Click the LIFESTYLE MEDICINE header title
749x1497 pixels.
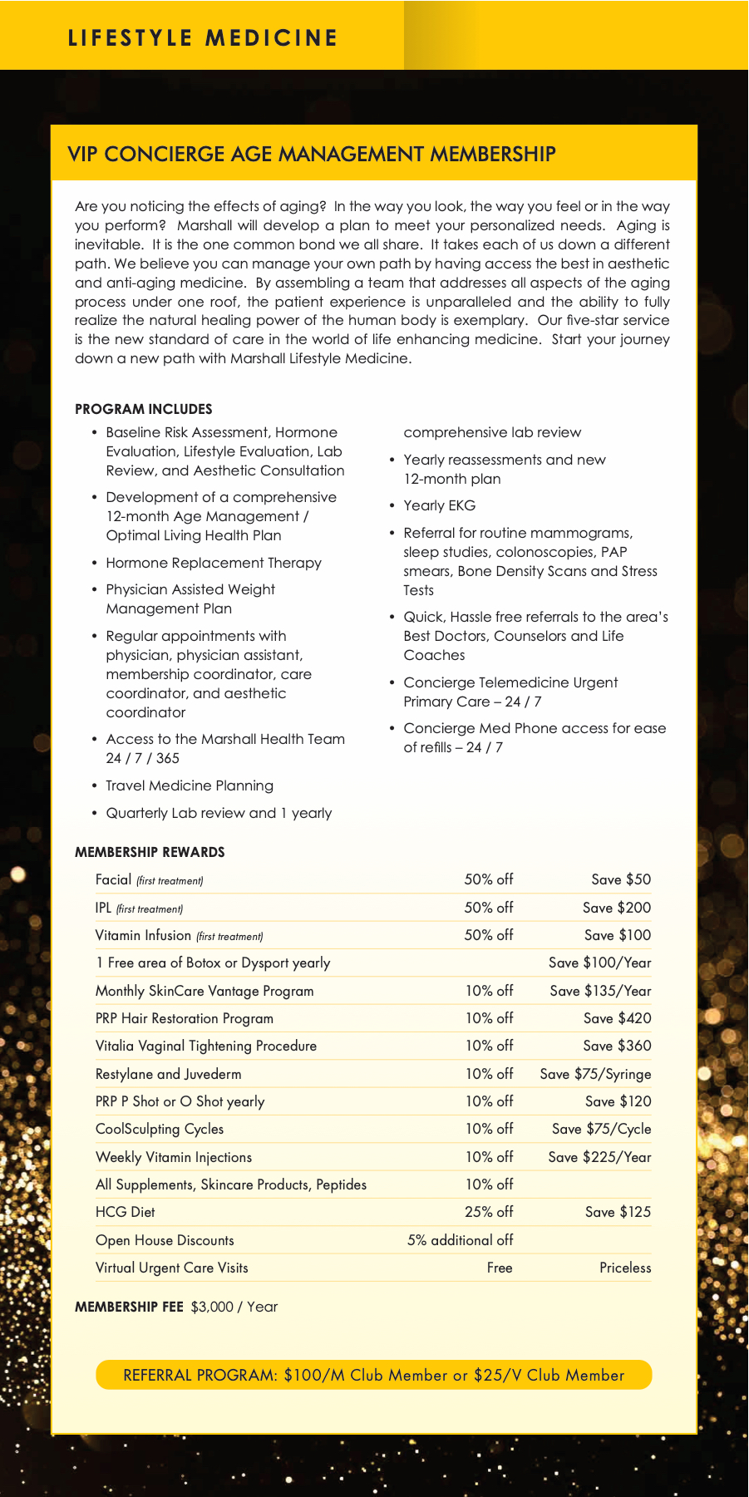[203, 38]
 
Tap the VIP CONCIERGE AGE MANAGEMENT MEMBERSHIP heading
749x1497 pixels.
[311, 154]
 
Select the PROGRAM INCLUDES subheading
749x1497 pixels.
[143, 409]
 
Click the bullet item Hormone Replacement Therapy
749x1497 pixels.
[214, 563]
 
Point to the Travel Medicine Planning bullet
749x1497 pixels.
[190, 785]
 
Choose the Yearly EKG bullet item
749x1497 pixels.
[439, 505]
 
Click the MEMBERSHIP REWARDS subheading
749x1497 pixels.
[150, 852]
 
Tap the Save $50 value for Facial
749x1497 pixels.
[621, 879]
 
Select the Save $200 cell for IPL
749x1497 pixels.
[617, 908]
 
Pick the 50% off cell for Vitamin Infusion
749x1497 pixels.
[489, 935]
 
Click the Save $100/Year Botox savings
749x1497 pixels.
[599, 963]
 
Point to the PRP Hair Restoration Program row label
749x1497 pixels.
[185, 1018]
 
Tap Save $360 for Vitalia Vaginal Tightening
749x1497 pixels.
[617, 1046]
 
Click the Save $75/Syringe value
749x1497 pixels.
[595, 1074]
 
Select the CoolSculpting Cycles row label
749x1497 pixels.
[160, 1129]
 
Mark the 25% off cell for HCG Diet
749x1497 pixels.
[489, 1212]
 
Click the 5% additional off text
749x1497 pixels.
[460, 1240]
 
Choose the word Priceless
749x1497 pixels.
[625, 1268]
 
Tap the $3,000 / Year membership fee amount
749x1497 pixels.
[234, 1307]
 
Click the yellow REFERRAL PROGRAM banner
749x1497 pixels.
[374, 1375]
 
